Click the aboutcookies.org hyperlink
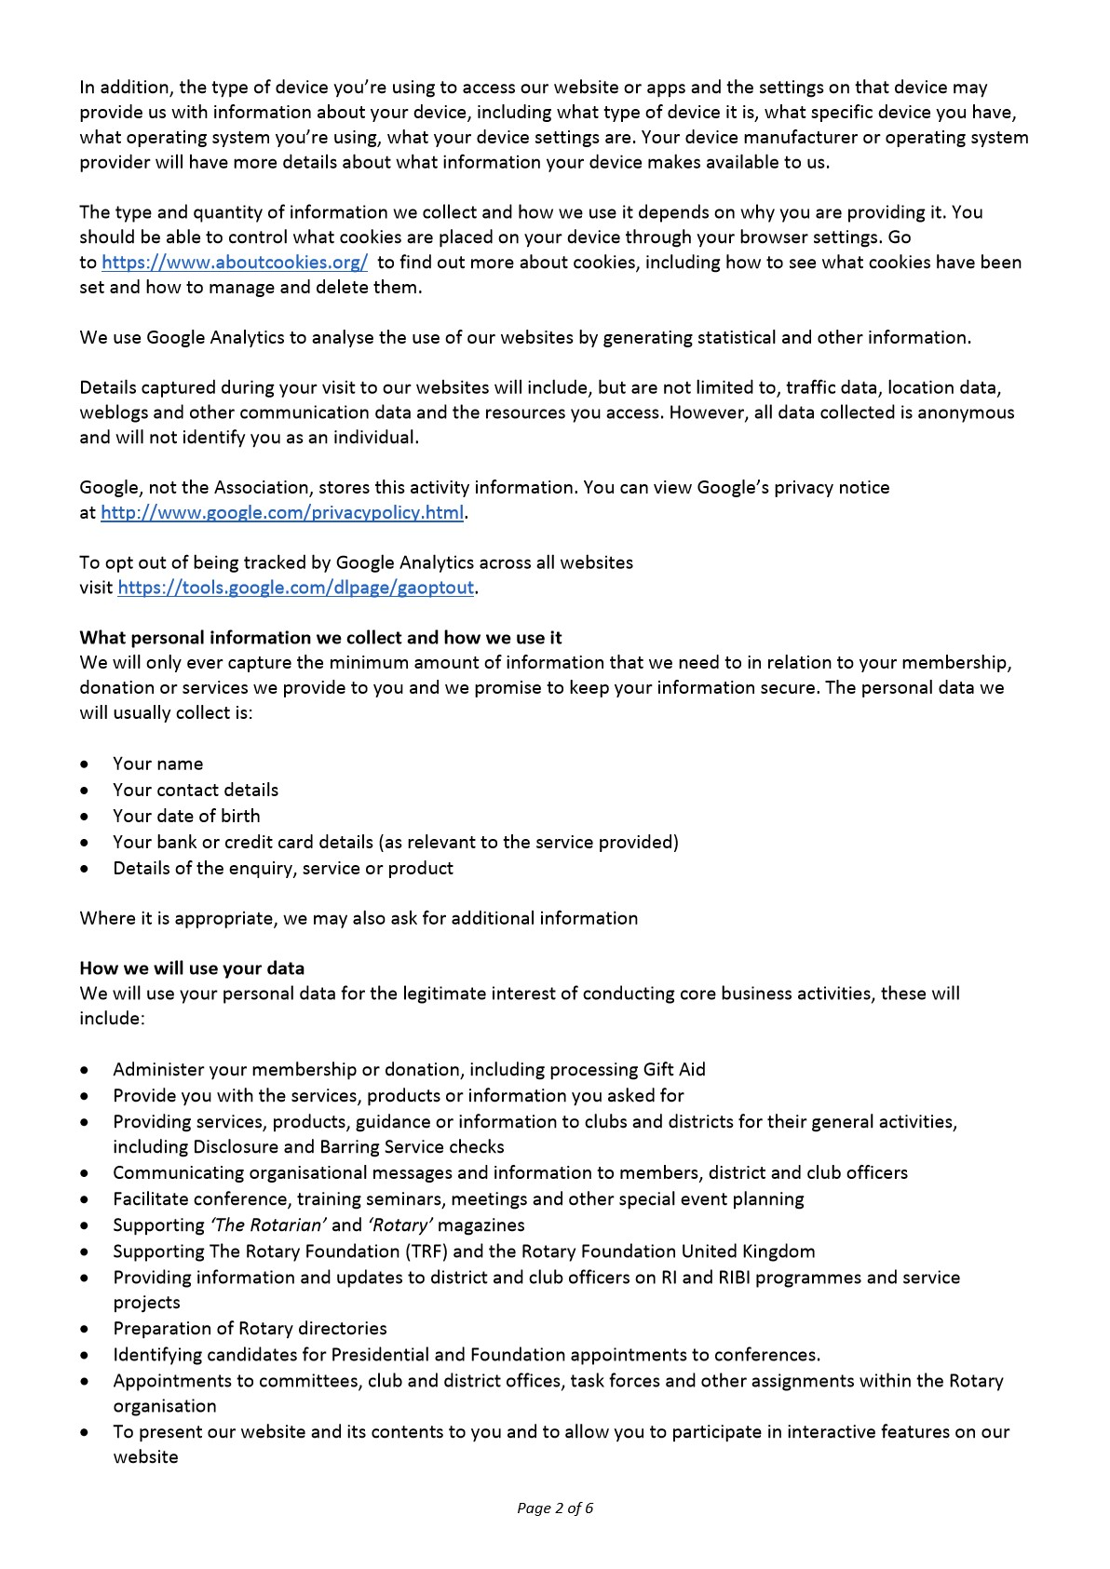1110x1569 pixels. (x=234, y=263)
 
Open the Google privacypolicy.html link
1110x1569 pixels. (x=281, y=513)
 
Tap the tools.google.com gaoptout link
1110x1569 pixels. (x=296, y=588)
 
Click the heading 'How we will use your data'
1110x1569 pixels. (x=192, y=968)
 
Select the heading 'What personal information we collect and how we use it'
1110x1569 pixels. (x=320, y=638)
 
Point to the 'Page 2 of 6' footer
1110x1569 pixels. (x=555, y=1508)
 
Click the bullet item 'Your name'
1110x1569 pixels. (x=157, y=764)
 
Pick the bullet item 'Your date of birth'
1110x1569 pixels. (x=186, y=816)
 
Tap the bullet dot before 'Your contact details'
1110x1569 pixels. (x=86, y=791)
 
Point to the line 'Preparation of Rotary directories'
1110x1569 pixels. (x=250, y=1329)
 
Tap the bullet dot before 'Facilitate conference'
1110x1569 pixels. (x=86, y=1200)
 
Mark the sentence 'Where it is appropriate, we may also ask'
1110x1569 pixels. (x=359, y=919)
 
